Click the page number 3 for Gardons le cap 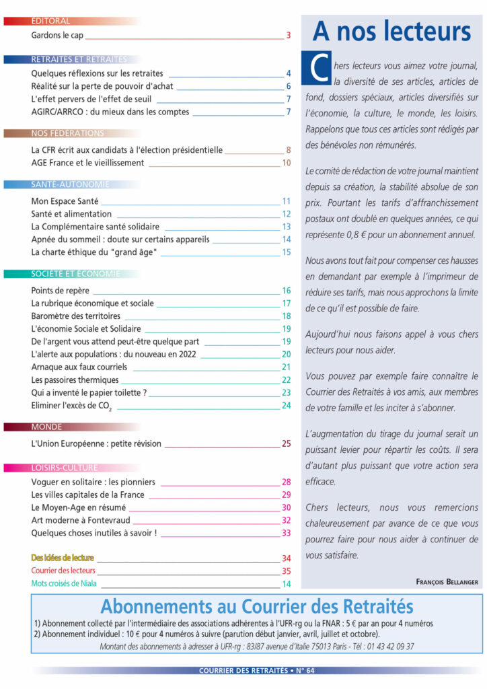pos(288,35)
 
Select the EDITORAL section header pos(50,21)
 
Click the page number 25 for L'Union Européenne pos(286,443)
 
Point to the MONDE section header pos(46,427)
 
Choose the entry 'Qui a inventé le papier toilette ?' pos(89,392)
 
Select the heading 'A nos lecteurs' pos(391,32)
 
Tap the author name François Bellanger pos(447,581)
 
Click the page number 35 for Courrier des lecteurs pos(286,571)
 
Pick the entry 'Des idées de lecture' pos(63,558)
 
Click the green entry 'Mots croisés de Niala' pos(65,583)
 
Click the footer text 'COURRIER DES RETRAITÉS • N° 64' pos(257,670)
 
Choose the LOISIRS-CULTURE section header pos(64,468)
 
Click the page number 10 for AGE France pos(286,162)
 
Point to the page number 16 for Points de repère pos(286,291)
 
